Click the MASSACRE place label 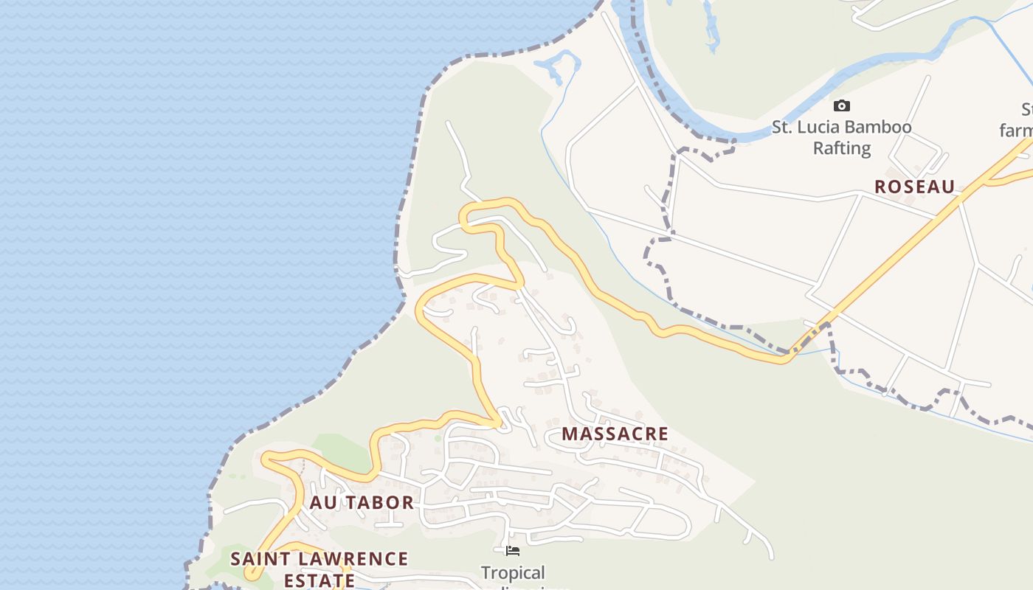coord(615,434)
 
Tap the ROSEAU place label coord(914,187)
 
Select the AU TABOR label coord(362,503)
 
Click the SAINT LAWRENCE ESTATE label coord(319,569)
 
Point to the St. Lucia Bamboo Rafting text coord(841,137)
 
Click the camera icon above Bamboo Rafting coord(841,106)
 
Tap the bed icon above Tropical coord(512,551)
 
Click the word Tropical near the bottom coord(513,573)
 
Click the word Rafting coord(841,148)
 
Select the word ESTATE coord(319,580)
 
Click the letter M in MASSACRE coord(569,434)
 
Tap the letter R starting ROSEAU coord(880,187)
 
